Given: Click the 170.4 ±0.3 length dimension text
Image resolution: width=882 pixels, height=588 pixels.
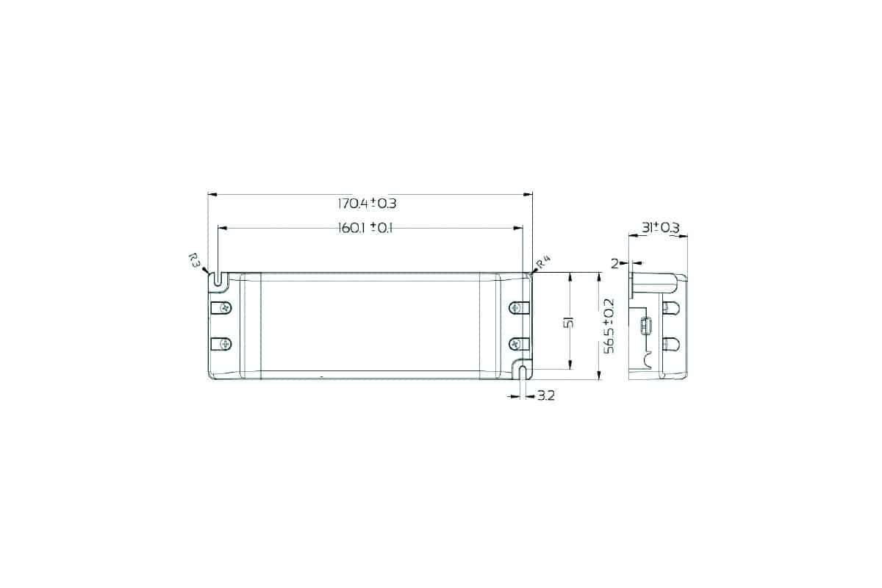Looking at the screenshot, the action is (367, 204).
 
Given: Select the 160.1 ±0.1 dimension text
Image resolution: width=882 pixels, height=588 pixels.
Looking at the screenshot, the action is (365, 228).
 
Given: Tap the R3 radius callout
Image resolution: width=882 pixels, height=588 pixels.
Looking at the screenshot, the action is (194, 260).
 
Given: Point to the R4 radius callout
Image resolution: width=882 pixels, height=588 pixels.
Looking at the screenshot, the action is (544, 262).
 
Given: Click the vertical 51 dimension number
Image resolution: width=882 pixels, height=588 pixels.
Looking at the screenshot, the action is (569, 323).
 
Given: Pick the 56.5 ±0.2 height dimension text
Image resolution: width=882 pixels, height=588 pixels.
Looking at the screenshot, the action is (609, 326).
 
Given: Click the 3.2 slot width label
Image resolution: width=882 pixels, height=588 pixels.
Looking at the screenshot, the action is (546, 396).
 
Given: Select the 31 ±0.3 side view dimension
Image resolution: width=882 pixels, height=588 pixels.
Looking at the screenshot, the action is (661, 228).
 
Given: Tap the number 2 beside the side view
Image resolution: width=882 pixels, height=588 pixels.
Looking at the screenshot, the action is (614, 263).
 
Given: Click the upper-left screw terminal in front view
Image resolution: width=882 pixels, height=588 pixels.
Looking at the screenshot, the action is (221, 308).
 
